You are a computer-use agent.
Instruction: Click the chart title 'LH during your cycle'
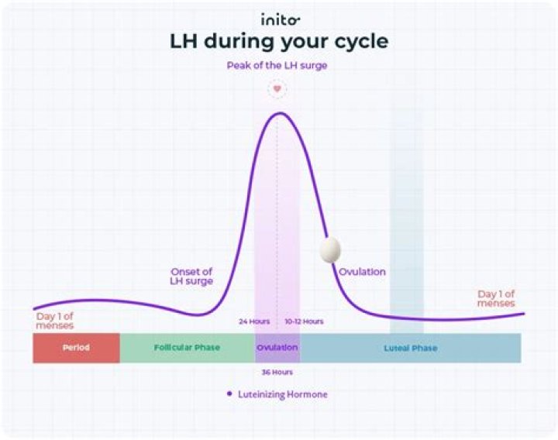[278, 42]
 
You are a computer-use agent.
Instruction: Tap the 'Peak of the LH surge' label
[277, 66]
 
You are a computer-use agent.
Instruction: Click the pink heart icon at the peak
[277, 88]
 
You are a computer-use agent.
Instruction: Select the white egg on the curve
[329, 249]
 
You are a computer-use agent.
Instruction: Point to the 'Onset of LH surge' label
[191, 277]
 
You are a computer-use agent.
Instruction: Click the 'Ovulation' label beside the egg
[362, 272]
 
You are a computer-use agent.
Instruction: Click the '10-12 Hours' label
[304, 321]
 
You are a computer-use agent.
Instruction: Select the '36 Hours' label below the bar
[277, 372]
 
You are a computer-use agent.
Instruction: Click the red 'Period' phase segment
[76, 348]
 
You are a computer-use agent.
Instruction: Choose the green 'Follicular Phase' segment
[187, 348]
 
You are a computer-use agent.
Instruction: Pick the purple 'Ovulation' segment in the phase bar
[277, 348]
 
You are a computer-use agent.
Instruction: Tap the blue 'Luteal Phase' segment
[411, 348]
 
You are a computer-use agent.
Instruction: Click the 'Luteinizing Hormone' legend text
[282, 394]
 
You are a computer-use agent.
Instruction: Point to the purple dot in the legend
[229, 394]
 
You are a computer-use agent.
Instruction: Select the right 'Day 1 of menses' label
[496, 298]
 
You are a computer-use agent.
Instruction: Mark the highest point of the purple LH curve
[277, 113]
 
